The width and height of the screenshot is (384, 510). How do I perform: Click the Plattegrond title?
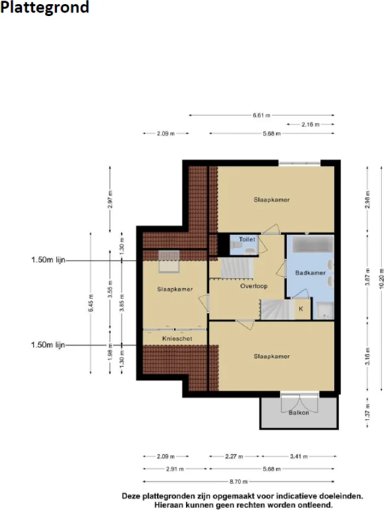coord(44,7)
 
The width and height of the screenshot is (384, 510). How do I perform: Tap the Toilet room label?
coord(247,240)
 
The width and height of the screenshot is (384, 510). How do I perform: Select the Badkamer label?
coord(310,273)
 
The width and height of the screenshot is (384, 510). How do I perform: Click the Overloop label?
coord(254,286)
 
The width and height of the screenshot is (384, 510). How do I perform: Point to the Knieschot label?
coord(177,339)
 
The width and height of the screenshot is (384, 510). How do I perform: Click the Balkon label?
coord(299,413)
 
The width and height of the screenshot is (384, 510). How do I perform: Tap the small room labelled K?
coord(301,309)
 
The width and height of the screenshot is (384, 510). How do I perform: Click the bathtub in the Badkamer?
coord(313,244)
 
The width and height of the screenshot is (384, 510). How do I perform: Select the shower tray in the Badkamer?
coord(325,311)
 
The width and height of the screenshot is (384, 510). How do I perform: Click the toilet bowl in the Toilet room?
coord(250,251)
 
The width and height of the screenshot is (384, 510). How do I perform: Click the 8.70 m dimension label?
coord(239,482)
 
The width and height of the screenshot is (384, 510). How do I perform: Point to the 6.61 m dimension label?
coord(262,115)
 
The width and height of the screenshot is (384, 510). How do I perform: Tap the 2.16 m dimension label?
coord(311,125)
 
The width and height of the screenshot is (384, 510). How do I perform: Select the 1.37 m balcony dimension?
coord(368,412)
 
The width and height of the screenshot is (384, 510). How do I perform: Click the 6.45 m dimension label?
coord(91,303)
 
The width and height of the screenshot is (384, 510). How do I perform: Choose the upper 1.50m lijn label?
coord(48,260)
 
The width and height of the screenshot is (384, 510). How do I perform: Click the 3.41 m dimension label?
coord(299,457)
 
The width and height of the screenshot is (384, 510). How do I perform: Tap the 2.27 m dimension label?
coord(234,457)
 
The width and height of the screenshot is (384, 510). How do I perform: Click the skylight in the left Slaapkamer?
coord(169,262)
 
